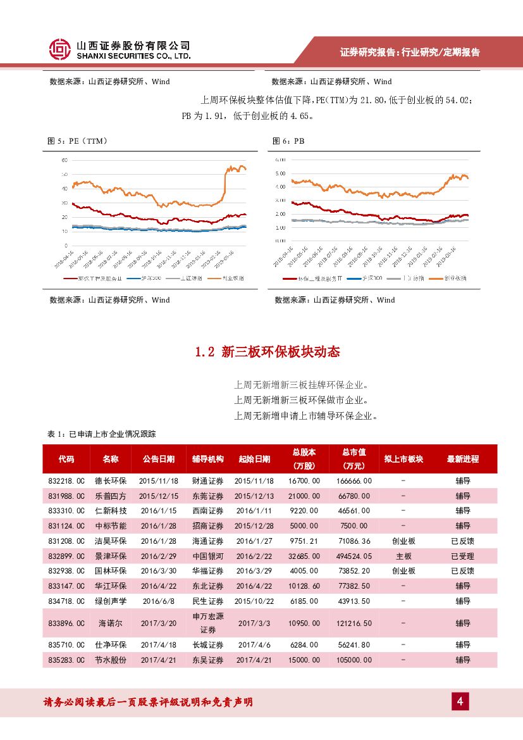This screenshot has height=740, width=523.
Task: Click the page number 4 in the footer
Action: tap(460, 701)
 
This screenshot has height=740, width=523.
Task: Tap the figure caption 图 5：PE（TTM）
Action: tap(78, 141)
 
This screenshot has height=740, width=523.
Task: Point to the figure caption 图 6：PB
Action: tap(288, 141)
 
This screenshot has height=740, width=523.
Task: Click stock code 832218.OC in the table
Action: tap(66, 480)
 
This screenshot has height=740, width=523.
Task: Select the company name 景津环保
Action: tap(111, 556)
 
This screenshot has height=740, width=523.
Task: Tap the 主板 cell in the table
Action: tap(403, 556)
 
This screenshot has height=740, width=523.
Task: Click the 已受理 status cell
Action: tap(462, 556)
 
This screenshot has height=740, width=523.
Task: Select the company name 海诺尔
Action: tap(111, 624)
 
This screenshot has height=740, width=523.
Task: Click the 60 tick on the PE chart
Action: tap(65, 160)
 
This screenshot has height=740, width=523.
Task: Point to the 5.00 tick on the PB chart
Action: tap(280, 173)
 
